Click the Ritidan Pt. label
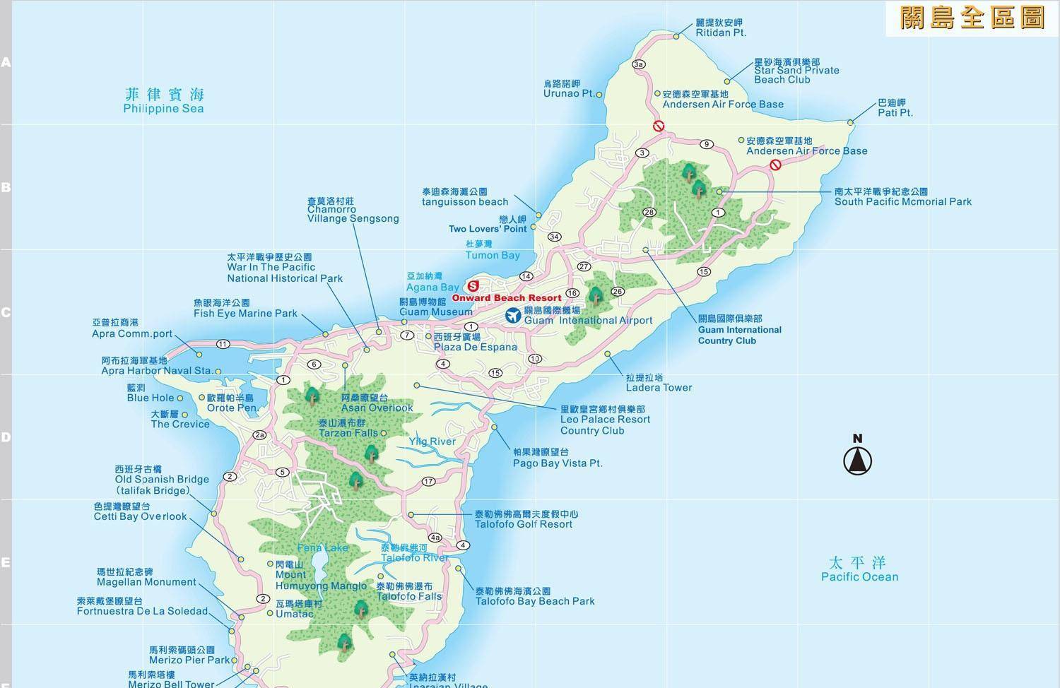(720, 28)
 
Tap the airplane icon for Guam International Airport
(514, 316)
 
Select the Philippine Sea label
(163, 101)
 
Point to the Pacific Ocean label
(859, 569)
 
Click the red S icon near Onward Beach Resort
(473, 286)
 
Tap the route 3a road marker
(639, 64)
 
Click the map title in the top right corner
(972, 18)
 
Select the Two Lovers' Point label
(488, 224)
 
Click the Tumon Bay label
(492, 250)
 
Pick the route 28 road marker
(649, 213)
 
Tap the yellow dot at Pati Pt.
(850, 123)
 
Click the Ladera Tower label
(659, 383)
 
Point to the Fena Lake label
(323, 547)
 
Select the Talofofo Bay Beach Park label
(534, 596)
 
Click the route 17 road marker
(428, 482)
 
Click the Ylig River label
(432, 441)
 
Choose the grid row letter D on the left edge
(6, 437)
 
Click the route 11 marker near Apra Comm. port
(223, 344)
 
